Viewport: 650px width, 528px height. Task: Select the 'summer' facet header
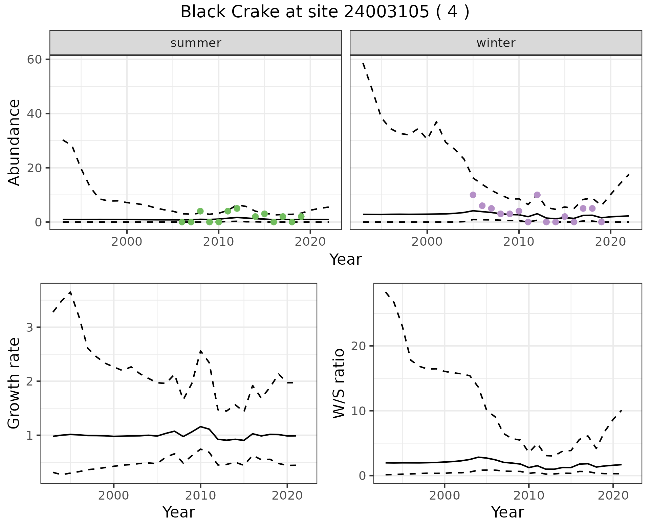coord(196,43)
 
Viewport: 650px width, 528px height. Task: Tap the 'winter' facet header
coord(496,43)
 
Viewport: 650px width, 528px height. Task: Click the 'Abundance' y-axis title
coord(14,142)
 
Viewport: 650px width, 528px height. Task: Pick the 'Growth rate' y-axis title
coord(14,383)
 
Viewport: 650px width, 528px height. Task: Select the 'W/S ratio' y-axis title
coord(339,383)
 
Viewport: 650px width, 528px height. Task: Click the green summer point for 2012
coord(237,208)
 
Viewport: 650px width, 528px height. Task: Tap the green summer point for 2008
coord(200,211)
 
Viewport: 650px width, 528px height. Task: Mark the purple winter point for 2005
coord(473,195)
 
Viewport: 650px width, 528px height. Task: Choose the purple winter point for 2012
coord(537,195)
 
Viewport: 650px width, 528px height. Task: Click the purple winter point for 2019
coord(601,222)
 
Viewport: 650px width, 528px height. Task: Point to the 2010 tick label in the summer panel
coord(218,242)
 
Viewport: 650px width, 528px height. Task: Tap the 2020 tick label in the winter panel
coord(610,242)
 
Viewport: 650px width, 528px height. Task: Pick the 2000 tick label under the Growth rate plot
coord(114,496)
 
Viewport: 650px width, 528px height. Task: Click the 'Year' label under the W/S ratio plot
coord(507,512)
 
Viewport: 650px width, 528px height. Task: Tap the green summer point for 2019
coord(301,217)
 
